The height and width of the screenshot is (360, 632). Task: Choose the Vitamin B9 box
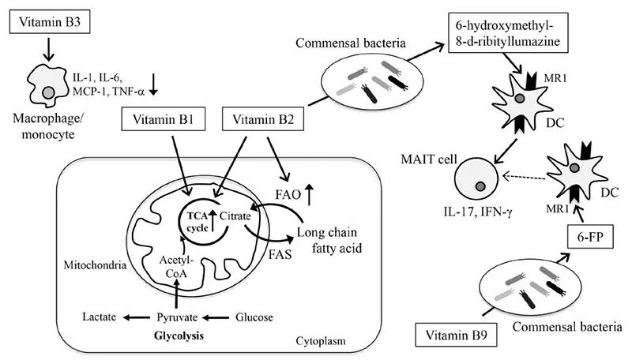pyautogui.click(x=449, y=335)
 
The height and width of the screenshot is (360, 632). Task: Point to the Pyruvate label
pyautogui.click(x=180, y=317)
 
